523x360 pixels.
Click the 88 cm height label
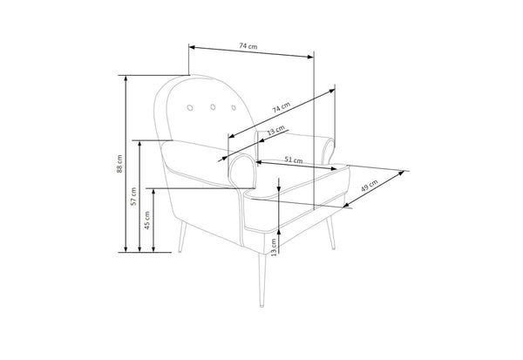coord(119,164)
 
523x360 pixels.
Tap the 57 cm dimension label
coord(133,196)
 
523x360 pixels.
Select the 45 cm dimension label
coord(147,221)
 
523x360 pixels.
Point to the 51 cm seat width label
coord(294,160)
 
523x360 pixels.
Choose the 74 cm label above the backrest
coord(248,46)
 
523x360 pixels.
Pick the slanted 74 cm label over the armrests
coord(282,107)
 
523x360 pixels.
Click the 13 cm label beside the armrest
coord(276,130)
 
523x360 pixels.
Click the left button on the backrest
coord(190,107)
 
